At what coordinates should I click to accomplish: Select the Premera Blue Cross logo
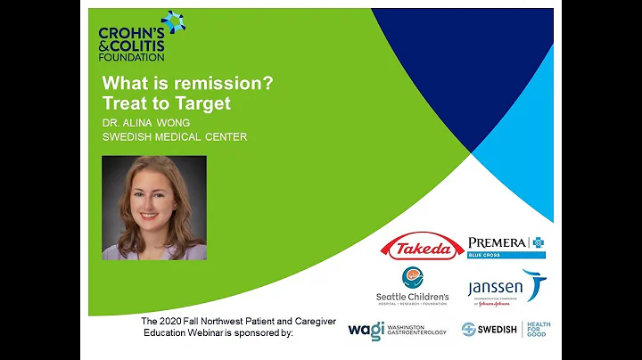[x=506, y=245]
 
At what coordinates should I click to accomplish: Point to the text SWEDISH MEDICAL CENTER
[x=174, y=136]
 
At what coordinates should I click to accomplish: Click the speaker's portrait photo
[x=154, y=208]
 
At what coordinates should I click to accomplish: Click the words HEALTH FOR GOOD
[x=539, y=329]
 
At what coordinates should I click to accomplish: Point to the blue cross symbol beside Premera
[x=537, y=241]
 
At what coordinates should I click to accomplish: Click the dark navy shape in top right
[x=464, y=45]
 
